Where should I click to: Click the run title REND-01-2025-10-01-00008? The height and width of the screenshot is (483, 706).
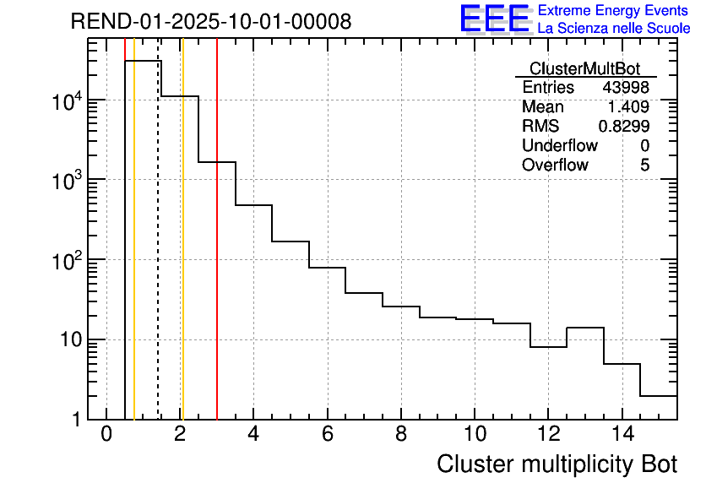[x=210, y=21]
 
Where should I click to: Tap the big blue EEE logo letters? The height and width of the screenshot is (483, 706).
[x=495, y=19]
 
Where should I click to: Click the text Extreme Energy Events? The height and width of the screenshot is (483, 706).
[x=614, y=11]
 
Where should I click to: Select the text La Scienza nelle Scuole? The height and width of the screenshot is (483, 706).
[x=614, y=29]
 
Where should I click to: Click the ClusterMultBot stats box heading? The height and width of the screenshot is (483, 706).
[x=584, y=68]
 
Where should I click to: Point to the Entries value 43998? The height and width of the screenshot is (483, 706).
[x=625, y=88]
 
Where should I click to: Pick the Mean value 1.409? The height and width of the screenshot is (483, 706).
[x=628, y=107]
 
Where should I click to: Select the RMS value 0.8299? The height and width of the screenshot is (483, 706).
[x=623, y=127]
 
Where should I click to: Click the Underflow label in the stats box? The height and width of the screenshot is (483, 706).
[x=559, y=146]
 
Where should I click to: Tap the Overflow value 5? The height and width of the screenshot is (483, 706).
[x=644, y=166]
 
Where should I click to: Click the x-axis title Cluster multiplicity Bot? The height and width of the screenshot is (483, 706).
[x=557, y=464]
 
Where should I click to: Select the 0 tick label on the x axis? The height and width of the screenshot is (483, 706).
[x=106, y=435]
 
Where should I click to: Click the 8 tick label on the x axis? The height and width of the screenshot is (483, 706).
[x=400, y=435]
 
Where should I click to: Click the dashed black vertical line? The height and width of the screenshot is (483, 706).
[x=158, y=253]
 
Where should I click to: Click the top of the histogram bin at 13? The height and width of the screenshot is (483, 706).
[x=584, y=327]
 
